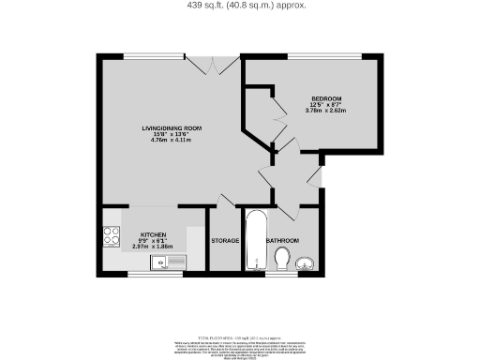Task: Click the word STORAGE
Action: [x=225, y=241]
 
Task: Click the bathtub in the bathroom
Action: [x=254, y=242]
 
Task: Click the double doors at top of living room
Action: [x=214, y=66]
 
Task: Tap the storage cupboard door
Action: [x=225, y=200]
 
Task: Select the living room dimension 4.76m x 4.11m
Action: [x=172, y=141]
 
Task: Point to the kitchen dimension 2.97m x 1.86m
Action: [x=153, y=247]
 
